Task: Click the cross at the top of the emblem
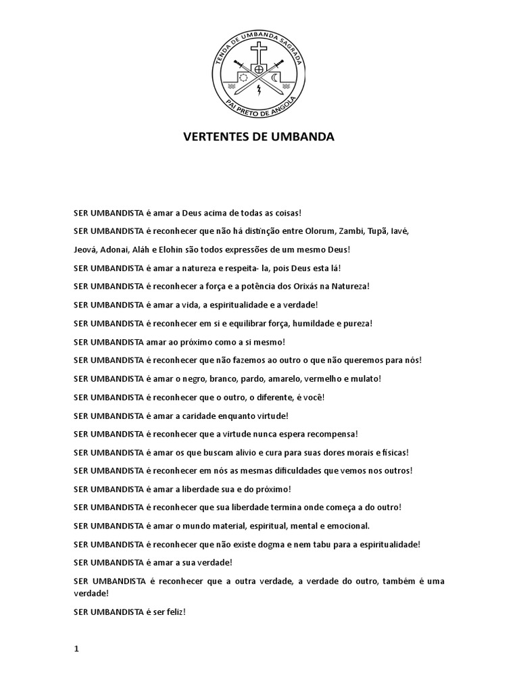(x=259, y=52)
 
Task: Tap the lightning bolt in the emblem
(x=259, y=90)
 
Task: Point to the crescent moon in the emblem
(x=274, y=78)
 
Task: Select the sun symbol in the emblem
(x=245, y=78)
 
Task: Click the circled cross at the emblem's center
(x=259, y=70)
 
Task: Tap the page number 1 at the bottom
(x=76, y=630)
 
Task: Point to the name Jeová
(x=86, y=249)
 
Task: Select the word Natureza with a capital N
(x=349, y=286)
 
